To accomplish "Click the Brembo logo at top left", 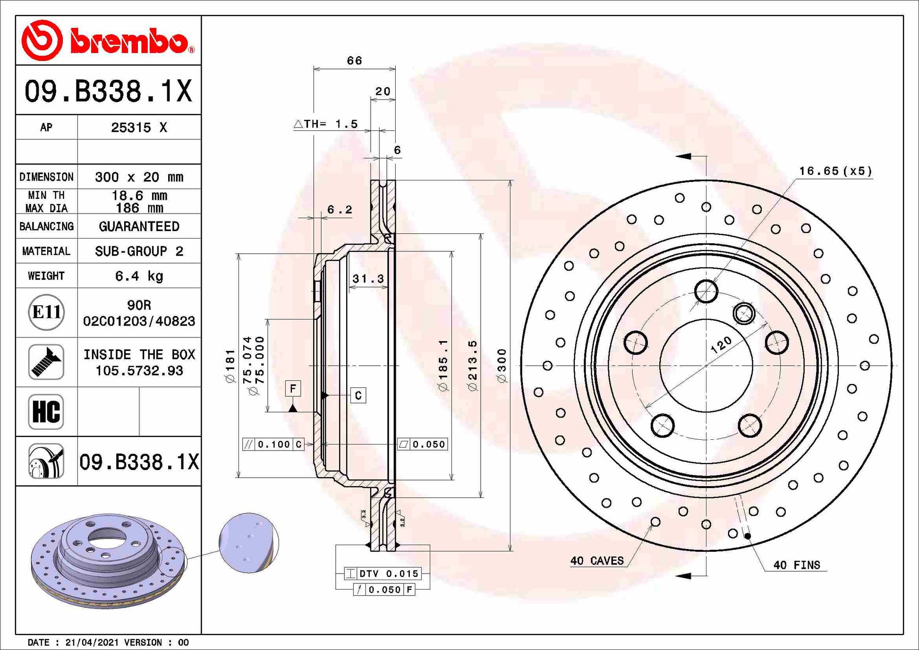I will pyautogui.click(x=108, y=41).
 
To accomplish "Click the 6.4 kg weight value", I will pyautogui.click(x=139, y=276).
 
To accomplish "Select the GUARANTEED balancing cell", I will pyautogui.click(x=139, y=227).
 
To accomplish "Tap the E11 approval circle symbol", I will pyautogui.click(x=46, y=312).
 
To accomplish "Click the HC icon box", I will pyautogui.click(x=46, y=411).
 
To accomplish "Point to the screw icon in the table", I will pyautogui.click(x=46, y=362).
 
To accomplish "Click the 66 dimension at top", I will pyautogui.click(x=354, y=61).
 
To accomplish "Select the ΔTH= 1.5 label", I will pyautogui.click(x=326, y=124).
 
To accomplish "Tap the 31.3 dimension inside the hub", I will pyautogui.click(x=368, y=279).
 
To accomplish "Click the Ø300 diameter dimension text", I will pyautogui.click(x=502, y=365).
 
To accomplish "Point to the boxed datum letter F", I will pyautogui.click(x=293, y=389).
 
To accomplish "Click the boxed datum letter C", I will pyautogui.click(x=358, y=395).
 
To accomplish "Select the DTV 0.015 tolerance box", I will pyautogui.click(x=383, y=573).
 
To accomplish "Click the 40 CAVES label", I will pyautogui.click(x=597, y=561).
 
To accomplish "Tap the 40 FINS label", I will pyautogui.click(x=796, y=565).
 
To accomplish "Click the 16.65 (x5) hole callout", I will pyautogui.click(x=835, y=171).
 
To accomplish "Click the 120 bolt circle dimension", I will pyautogui.click(x=721, y=345).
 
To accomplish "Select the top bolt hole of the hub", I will pyautogui.click(x=706, y=291).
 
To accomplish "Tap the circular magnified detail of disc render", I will pyautogui.click(x=249, y=543).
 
